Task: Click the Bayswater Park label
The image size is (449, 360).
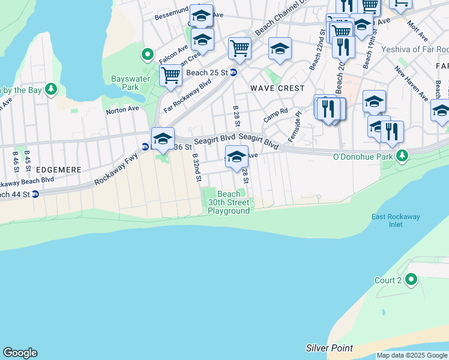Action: pyautogui.click(x=125, y=83)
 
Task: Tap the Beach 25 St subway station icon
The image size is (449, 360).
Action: pyautogui.click(x=234, y=73)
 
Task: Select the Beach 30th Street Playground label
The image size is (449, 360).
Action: pyautogui.click(x=229, y=202)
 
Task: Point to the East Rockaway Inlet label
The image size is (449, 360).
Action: pyautogui.click(x=395, y=220)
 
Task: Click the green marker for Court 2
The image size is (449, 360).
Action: pyautogui.click(x=411, y=280)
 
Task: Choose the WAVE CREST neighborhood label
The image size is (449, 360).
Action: pyautogui.click(x=278, y=88)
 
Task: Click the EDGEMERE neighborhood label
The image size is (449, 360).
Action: pyautogui.click(x=58, y=170)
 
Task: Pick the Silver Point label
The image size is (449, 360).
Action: pyautogui.click(x=329, y=348)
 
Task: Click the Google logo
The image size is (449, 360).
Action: pyautogui.click(x=20, y=353)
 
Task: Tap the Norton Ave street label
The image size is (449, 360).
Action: pyautogui.click(x=122, y=110)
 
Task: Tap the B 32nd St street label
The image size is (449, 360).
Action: pyautogui.click(x=196, y=169)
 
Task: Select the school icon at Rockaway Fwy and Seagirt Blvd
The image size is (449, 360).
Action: pyautogui.click(x=163, y=139)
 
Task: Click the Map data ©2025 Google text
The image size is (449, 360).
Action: pyautogui.click(x=412, y=355)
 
